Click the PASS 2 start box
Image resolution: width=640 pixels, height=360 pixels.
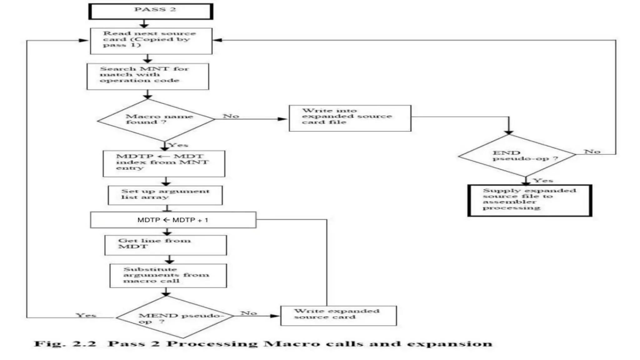click(151, 12)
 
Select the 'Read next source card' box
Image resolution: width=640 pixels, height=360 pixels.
click(151, 41)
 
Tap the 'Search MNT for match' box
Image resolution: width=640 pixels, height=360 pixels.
click(148, 76)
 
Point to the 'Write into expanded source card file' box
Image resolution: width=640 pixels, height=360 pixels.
click(350, 118)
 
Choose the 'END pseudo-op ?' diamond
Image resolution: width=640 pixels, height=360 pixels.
click(517, 156)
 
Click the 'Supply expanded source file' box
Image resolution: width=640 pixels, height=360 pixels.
click(530, 200)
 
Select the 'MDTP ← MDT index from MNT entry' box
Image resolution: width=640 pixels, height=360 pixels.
click(164, 163)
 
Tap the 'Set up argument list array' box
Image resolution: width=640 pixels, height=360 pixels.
click(165, 195)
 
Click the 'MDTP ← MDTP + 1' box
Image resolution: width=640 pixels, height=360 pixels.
click(173, 220)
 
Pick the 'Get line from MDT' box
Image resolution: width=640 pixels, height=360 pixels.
click(166, 245)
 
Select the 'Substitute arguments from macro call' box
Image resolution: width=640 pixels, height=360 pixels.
click(168, 275)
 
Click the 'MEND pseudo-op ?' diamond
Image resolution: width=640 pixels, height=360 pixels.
click(175, 317)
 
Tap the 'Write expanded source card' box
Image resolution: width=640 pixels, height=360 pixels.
click(338, 315)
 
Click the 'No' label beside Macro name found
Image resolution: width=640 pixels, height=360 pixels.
click(231, 116)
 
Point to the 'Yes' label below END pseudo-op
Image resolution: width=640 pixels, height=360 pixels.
click(543, 180)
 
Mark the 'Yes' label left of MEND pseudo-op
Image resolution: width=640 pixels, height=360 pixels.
click(86, 315)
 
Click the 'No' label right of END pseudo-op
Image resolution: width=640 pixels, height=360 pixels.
click(592, 151)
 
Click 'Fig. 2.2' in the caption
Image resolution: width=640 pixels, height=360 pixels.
click(65, 344)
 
